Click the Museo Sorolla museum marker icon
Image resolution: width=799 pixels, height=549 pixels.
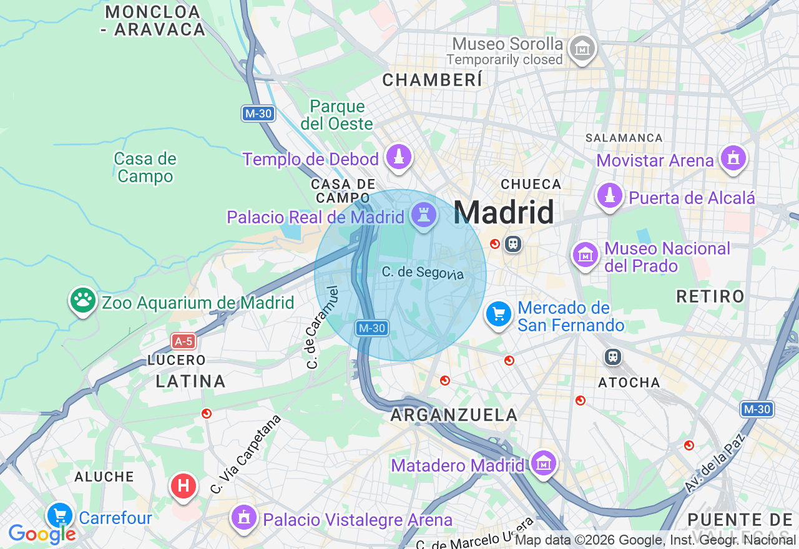[x=582, y=48]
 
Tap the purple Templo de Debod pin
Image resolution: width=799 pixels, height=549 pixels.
[x=399, y=157]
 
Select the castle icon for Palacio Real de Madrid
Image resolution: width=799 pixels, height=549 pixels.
[x=424, y=215]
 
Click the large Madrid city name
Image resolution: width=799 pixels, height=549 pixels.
[x=504, y=213]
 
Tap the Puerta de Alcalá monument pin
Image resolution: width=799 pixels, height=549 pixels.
[x=609, y=196]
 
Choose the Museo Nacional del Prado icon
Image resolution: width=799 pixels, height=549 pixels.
[x=586, y=255]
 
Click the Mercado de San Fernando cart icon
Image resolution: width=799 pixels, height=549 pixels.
[x=498, y=314]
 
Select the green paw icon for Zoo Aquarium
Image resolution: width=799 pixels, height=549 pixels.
[x=82, y=301]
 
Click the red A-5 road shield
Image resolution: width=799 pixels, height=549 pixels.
[x=184, y=341]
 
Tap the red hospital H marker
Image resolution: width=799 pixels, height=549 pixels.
[x=184, y=485]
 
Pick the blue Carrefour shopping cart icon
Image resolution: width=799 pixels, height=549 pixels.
[x=60, y=516]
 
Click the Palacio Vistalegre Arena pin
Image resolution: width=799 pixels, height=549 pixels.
[x=243, y=518]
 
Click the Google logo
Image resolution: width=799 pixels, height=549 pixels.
[x=41, y=534]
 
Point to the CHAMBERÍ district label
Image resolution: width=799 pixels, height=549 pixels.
[x=432, y=80]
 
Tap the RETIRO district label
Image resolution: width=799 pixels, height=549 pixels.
[x=710, y=296]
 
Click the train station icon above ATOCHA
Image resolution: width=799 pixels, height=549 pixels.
[x=613, y=357]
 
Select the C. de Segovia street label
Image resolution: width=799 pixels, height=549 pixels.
[x=423, y=273]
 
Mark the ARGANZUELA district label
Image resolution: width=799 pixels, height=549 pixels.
[x=454, y=415]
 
